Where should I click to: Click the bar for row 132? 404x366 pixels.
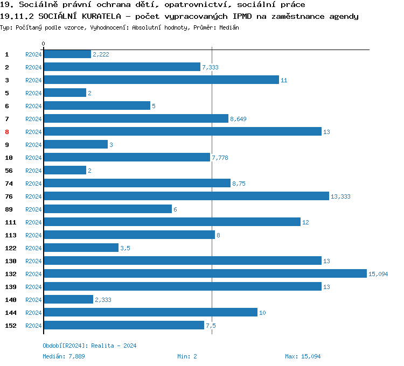[205, 273]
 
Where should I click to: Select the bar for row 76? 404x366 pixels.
[186, 196]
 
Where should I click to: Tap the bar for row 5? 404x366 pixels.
[65, 93]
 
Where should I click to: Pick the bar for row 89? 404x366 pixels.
[107, 209]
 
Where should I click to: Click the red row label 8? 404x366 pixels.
[7, 131]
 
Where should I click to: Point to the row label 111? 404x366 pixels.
[10, 222]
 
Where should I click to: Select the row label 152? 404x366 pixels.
[10, 325]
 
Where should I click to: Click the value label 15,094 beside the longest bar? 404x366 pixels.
[378, 274]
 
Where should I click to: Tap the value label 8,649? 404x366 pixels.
[238, 119]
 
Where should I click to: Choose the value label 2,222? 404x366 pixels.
[101, 54]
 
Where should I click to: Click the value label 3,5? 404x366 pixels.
[125, 248]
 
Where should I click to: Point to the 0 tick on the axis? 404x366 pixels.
[44, 44]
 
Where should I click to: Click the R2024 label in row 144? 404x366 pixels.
[33, 313]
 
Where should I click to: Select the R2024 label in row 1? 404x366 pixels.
[33, 54]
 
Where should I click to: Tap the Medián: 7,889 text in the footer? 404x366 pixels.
[64, 356]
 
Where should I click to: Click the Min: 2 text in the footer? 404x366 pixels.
[187, 356]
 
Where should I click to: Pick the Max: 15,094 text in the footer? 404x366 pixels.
[303, 356]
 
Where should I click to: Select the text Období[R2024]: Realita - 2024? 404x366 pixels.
[89, 346]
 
